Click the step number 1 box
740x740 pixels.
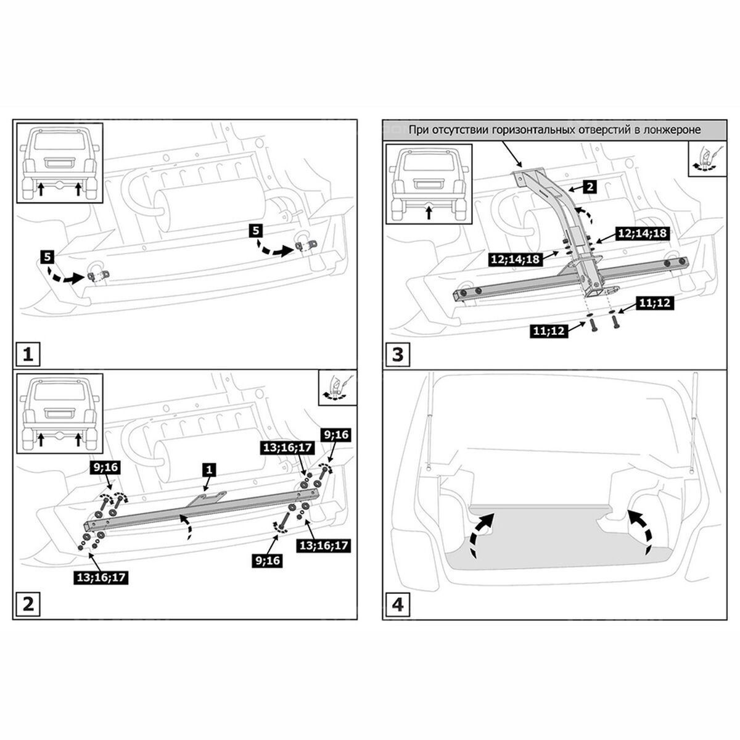(28, 354)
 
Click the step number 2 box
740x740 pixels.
(28, 604)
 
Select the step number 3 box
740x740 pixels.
(398, 354)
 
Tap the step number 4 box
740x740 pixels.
(398, 605)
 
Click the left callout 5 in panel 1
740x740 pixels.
(47, 256)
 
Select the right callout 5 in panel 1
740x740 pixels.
(256, 231)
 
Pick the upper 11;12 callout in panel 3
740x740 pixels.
(654, 303)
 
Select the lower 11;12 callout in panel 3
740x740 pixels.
(549, 331)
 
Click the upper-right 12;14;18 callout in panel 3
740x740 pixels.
(643, 234)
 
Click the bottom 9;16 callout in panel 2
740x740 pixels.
(268, 561)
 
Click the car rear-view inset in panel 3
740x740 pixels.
(429, 184)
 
